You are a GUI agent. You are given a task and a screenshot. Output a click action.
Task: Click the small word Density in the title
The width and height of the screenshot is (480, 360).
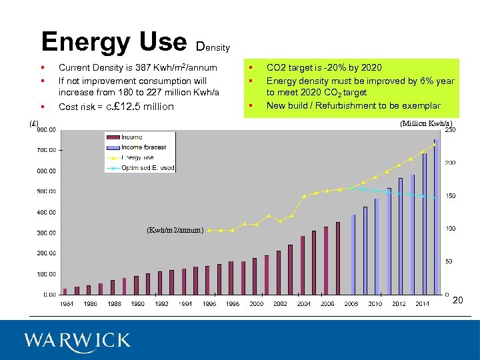point(213,47)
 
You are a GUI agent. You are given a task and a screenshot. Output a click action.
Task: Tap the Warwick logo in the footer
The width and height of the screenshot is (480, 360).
point(77,341)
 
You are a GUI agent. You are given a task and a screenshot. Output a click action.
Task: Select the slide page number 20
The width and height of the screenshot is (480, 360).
point(457,301)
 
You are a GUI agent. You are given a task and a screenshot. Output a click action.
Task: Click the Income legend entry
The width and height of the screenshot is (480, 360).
point(131,137)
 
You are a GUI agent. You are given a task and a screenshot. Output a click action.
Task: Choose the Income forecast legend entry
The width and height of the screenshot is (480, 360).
point(144,147)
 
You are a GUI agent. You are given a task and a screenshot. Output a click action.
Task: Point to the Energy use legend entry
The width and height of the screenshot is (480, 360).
point(138,157)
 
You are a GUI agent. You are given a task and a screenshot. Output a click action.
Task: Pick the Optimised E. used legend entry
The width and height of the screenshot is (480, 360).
point(147,168)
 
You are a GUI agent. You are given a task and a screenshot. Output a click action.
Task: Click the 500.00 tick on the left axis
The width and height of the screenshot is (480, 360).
point(45,192)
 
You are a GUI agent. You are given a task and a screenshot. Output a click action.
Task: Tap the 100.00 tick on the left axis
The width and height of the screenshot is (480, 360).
point(45,274)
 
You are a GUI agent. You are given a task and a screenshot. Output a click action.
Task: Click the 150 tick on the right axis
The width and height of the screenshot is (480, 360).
point(451,196)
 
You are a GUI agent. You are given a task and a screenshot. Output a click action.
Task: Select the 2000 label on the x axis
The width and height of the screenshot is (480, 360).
point(256,304)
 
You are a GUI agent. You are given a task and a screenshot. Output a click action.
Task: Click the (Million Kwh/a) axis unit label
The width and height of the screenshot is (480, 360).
point(426,123)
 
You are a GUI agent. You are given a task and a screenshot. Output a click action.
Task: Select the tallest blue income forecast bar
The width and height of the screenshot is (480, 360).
point(436,217)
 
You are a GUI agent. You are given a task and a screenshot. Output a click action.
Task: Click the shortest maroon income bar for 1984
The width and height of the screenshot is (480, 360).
point(65,291)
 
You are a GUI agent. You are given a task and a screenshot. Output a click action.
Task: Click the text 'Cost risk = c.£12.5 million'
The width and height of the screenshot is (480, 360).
point(116,107)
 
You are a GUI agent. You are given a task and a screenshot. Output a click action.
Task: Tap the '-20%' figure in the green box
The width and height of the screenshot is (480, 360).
point(333,67)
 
